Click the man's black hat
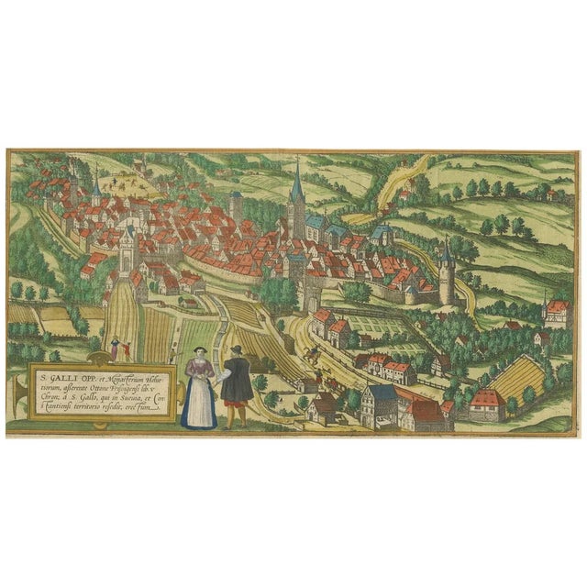(x=235, y=351)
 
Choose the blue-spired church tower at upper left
(x=96, y=188)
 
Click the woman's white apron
(x=198, y=404)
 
